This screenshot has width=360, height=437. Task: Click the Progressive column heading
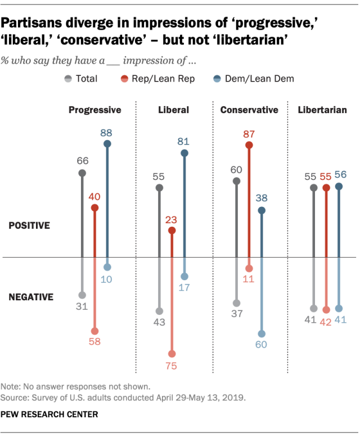tap(94, 110)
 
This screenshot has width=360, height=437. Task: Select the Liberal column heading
tap(173, 110)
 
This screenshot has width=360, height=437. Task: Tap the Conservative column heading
tap(249, 110)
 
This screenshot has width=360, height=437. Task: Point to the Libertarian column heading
tap(322, 110)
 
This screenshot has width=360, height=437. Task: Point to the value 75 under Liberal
tap(172, 366)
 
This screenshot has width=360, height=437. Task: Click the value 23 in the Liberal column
tap(172, 219)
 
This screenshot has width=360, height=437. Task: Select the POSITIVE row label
tap(29, 226)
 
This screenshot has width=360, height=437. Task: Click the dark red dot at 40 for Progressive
tap(94, 208)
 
